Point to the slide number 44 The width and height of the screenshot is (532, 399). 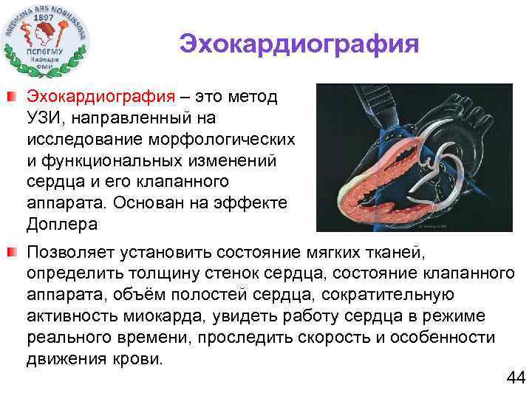point(514,378)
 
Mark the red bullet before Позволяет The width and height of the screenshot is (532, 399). point(13,253)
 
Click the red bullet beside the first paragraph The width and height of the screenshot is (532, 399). point(13,96)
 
